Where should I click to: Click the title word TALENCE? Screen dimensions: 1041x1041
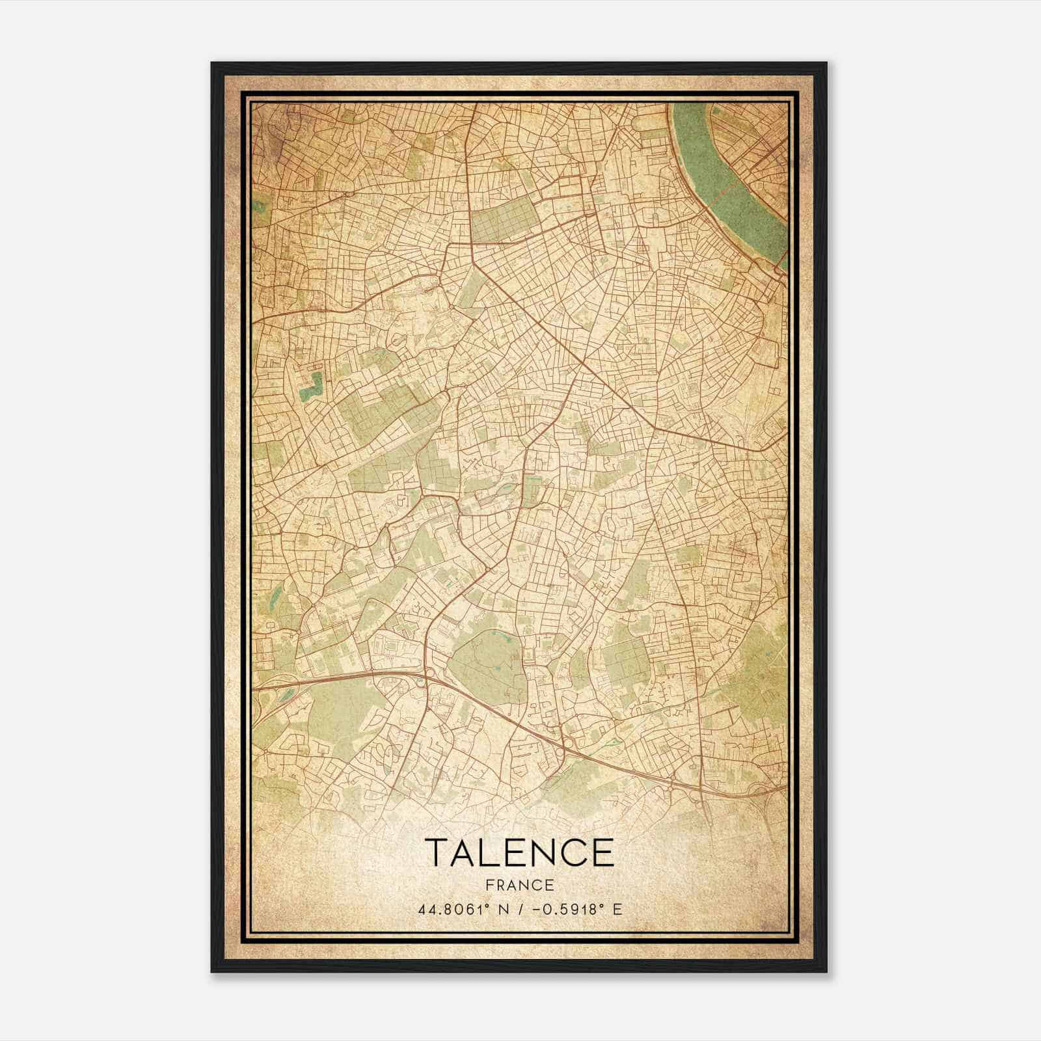[x=519, y=853]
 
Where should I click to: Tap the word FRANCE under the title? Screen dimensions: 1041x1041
[x=519, y=885]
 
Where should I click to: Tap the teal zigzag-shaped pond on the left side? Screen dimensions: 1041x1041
[x=311, y=386]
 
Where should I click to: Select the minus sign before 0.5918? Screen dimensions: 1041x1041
[x=535, y=909]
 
